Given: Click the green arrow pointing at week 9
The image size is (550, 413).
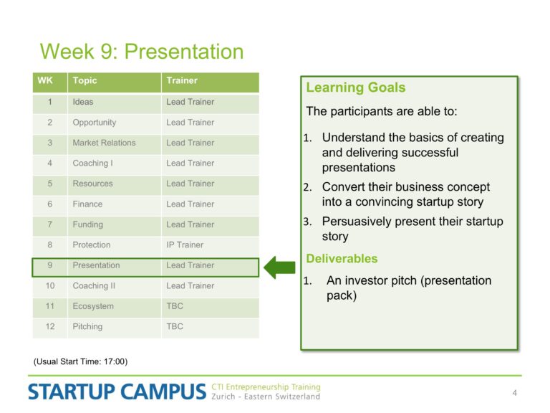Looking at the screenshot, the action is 279,267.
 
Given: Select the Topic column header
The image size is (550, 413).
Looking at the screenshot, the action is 115,82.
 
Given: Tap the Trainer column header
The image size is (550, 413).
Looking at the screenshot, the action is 210,82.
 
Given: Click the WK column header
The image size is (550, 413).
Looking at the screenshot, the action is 50,82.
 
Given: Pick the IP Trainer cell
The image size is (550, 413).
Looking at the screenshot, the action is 210,245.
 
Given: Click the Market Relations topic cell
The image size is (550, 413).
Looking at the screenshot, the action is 115,143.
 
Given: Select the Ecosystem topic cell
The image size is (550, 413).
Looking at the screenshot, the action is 115,306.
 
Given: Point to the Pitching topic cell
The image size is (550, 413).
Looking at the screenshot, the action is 115,327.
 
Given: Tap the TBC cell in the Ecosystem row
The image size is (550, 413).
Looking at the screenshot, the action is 210,306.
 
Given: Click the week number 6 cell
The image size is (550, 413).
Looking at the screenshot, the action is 50,204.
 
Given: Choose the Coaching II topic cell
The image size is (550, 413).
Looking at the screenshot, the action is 115,286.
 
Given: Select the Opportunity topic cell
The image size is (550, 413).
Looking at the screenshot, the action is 115,123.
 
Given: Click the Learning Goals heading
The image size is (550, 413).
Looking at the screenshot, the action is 356,87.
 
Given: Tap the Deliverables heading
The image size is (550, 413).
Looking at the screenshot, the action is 342,258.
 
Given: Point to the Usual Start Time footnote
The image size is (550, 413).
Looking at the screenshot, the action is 80,361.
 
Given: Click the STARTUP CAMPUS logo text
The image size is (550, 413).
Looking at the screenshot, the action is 117,391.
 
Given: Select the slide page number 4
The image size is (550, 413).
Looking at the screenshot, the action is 515,393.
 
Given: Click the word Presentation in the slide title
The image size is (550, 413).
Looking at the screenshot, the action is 184,52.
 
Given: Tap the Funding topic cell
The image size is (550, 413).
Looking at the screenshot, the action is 115,224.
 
